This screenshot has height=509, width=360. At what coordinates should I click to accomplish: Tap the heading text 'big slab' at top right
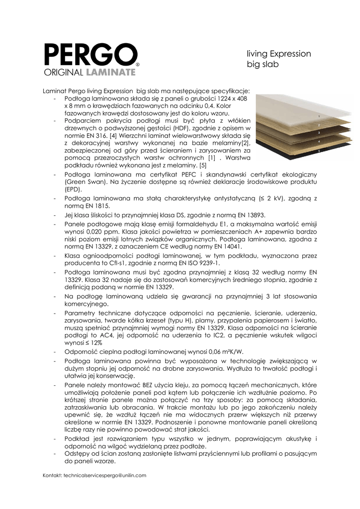point(263,65)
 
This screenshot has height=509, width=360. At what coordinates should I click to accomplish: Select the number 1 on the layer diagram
point(318,116)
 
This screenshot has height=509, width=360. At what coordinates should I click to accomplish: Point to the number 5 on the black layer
point(318,151)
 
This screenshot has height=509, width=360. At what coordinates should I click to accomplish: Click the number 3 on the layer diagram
point(318,133)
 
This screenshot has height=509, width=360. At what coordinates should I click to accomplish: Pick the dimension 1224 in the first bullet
point(212,99)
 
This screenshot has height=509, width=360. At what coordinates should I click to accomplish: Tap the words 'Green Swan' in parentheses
point(83,182)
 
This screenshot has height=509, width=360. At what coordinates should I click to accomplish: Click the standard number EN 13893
point(249,215)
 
